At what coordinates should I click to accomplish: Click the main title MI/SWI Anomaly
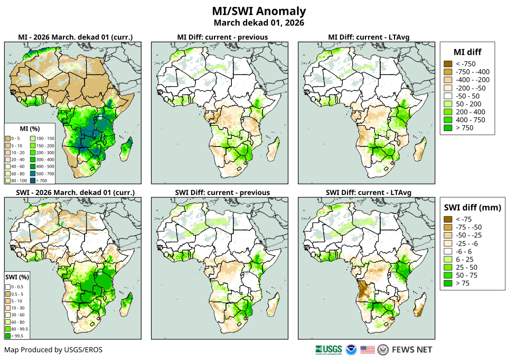[259, 11]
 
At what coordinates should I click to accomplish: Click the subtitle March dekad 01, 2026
[259, 23]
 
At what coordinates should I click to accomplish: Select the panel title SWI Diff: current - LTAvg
[367, 192]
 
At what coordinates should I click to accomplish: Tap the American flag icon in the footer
[368, 349]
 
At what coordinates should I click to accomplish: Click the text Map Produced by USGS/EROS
[53, 349]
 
